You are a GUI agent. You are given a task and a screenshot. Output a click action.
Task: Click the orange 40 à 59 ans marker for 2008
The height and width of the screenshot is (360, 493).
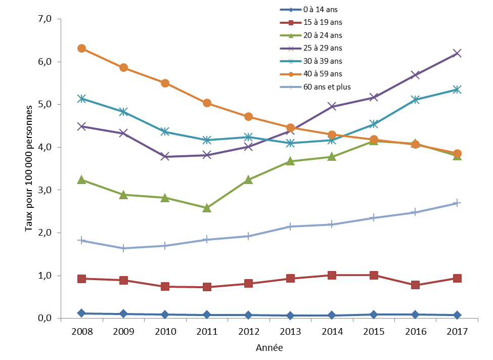[x=82, y=49]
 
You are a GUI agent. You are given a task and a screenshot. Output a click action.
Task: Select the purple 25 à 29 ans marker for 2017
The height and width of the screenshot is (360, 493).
[x=457, y=53]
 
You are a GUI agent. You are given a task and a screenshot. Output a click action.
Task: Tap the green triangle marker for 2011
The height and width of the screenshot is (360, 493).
[x=207, y=208]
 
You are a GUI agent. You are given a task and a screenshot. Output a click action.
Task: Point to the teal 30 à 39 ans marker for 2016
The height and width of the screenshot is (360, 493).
[x=415, y=100]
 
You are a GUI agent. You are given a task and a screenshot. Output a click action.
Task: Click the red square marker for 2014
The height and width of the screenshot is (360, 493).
[x=332, y=275]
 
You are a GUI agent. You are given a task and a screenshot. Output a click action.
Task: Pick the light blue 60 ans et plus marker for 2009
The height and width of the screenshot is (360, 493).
[x=123, y=248]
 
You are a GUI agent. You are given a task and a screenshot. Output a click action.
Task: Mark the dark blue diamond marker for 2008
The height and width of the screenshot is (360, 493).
[x=82, y=313]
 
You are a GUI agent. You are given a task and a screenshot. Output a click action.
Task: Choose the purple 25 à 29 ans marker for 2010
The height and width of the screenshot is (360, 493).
[x=165, y=157]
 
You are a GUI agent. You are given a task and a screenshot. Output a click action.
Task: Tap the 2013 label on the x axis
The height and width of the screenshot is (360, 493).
[x=290, y=331]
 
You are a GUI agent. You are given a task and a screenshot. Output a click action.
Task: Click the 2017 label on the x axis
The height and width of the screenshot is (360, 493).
[x=457, y=331]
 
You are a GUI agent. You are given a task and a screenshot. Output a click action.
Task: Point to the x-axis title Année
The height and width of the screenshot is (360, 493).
[x=269, y=348]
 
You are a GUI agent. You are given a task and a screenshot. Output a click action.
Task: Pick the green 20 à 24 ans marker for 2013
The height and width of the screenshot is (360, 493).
[x=290, y=161]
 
